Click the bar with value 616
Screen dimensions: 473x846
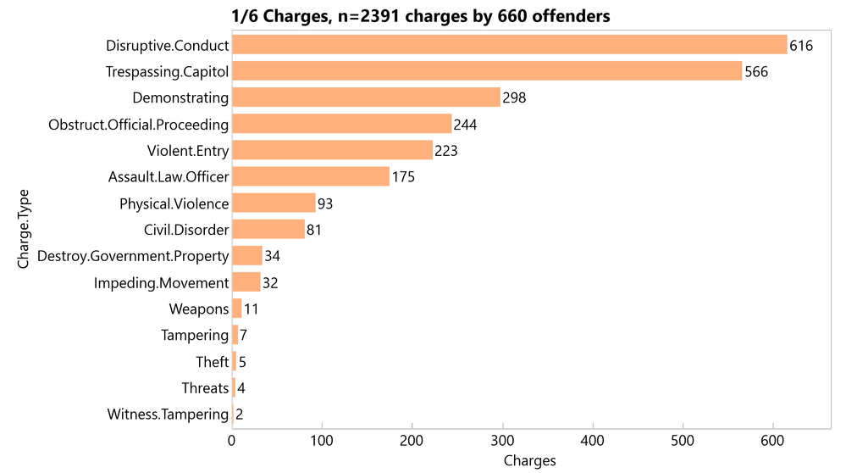click(x=509, y=45)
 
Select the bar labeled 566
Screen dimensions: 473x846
click(x=487, y=71)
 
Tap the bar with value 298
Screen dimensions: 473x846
click(x=366, y=97)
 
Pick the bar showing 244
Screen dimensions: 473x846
click(x=341, y=124)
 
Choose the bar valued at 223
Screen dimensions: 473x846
click(x=332, y=150)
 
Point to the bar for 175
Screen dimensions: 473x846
click(x=311, y=176)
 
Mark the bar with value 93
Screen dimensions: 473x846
click(x=274, y=203)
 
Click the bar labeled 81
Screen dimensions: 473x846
click(x=268, y=230)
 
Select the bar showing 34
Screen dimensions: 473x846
click(x=247, y=256)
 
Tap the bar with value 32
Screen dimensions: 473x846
click(x=246, y=282)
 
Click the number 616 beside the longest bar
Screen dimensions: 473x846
click(x=801, y=46)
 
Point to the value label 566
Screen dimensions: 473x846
click(x=756, y=72)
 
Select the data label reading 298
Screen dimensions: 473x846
click(x=514, y=98)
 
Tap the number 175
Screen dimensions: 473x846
click(x=403, y=177)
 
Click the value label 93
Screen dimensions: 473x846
click(x=325, y=204)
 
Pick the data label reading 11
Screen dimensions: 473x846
click(x=252, y=309)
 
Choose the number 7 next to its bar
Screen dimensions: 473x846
click(x=243, y=336)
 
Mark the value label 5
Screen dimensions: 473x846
click(x=242, y=362)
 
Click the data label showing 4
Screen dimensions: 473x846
click(x=241, y=388)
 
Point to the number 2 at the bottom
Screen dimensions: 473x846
click(x=240, y=415)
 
